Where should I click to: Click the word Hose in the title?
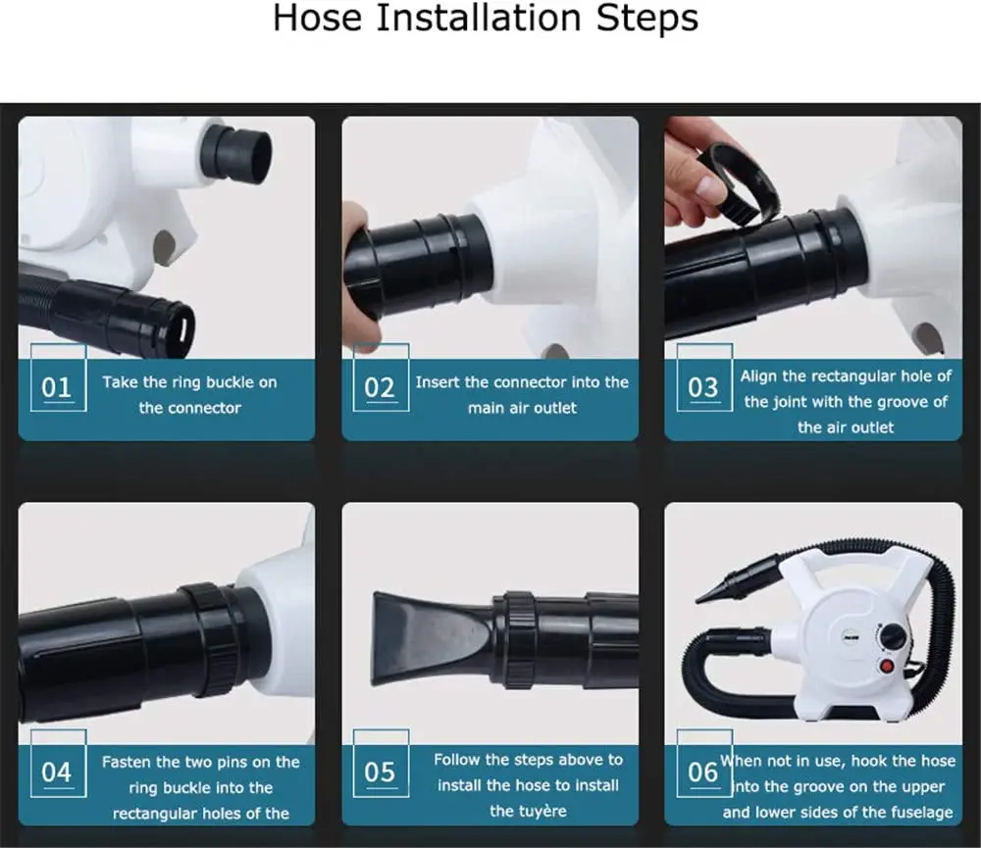[317, 18]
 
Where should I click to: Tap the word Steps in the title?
[646, 19]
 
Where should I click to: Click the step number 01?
[56, 388]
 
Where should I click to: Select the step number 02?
[379, 388]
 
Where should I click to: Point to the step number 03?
[702, 388]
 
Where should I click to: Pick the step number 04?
[56, 773]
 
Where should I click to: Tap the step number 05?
[379, 773]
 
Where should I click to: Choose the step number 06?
[702, 773]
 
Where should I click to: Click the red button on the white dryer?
[887, 666]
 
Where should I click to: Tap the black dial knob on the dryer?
[892, 638]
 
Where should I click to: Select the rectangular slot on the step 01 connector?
[185, 327]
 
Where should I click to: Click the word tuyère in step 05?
[528, 811]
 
